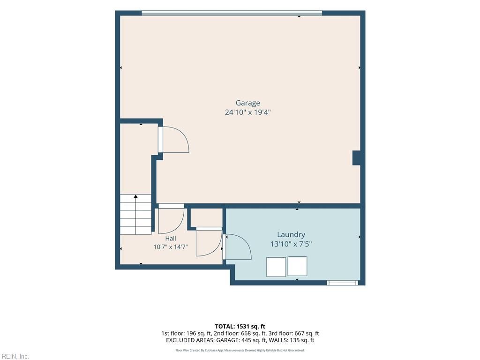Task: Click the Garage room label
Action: pos(247,103)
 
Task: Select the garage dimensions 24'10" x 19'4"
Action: pos(247,112)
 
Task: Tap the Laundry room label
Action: pos(291,235)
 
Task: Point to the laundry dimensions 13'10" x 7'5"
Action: pos(291,244)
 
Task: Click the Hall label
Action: pos(171,239)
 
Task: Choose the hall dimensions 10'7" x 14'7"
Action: pos(171,247)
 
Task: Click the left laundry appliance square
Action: pos(276,267)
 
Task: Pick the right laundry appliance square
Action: pos(297,266)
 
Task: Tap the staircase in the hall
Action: pos(135,214)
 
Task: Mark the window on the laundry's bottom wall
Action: pos(342,283)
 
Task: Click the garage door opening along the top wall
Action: pos(232,13)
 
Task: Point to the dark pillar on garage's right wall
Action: pos(356,158)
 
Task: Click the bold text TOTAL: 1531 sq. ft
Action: pos(240,326)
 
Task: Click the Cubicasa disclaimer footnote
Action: pos(240,350)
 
